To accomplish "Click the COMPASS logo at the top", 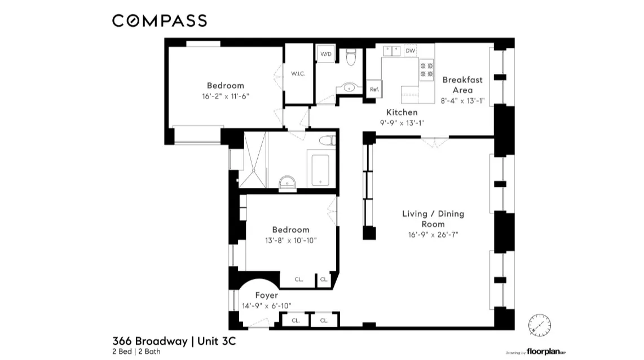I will click(159, 21).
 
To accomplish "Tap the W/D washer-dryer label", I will click(326, 54).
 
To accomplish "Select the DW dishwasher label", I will click(410, 51).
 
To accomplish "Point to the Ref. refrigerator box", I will click(373, 89).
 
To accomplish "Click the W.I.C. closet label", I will click(298, 74).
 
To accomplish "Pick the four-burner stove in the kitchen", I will click(426, 69).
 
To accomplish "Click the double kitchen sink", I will click(392, 51).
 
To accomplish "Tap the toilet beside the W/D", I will click(351, 56).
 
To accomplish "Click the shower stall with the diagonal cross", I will click(253, 160).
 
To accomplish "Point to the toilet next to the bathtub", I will click(327, 141).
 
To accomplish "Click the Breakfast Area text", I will click(462, 85).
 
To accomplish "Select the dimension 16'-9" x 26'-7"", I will click(433, 235).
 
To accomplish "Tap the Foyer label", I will click(266, 295).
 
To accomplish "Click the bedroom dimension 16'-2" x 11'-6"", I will click(225, 96).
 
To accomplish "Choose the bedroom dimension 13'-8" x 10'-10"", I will click(290, 240).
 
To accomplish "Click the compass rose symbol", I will click(538, 324).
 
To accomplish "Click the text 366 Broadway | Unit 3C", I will click(178, 341).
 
